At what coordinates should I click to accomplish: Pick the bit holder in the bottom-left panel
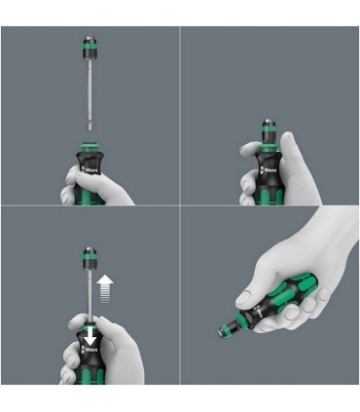[x=89, y=259]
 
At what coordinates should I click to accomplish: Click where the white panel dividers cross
[x=180, y=206]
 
